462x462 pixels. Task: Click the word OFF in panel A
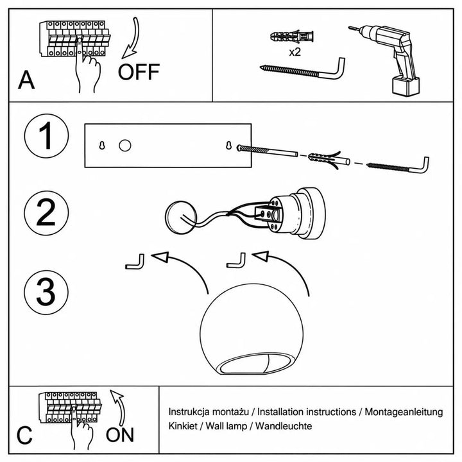[x=139, y=72]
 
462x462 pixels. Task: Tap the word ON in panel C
[x=119, y=435]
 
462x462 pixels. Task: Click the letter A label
[x=26, y=80]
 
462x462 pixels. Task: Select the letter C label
[x=24, y=435]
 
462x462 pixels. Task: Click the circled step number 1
[x=47, y=136]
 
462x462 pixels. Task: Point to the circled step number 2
[x=46, y=213]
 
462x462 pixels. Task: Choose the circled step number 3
[x=46, y=293]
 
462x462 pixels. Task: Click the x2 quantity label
[x=295, y=52]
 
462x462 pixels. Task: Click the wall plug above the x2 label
[x=292, y=37]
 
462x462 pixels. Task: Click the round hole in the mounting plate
[x=125, y=146]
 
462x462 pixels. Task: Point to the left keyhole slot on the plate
[x=102, y=145]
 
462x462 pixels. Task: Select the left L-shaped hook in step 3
[x=135, y=262]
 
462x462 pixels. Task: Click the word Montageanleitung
[x=404, y=412]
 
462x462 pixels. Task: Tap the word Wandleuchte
[x=284, y=426]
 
